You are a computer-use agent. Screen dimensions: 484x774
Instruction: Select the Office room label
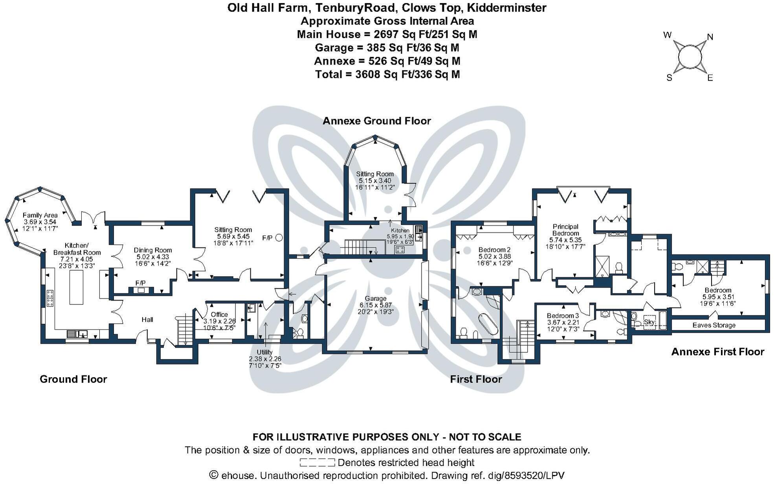(219, 315)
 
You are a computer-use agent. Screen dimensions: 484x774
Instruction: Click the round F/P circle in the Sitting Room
(279, 238)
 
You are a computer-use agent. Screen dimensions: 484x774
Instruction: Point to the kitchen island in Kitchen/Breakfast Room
(77, 287)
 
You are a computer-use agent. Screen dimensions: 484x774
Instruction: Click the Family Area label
(40, 215)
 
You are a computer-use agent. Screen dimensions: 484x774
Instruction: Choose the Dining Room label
(153, 250)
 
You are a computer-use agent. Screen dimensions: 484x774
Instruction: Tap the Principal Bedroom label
(565, 230)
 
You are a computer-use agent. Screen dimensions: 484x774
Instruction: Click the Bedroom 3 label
(563, 316)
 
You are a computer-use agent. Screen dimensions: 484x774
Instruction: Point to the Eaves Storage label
(713, 325)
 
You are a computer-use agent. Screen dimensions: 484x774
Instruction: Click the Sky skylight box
(649, 322)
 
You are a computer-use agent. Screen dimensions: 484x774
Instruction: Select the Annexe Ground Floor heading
(376, 121)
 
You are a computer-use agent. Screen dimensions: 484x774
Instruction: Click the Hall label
(147, 320)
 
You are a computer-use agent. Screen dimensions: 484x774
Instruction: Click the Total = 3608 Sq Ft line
(387, 74)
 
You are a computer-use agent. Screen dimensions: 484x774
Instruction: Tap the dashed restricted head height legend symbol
(317, 462)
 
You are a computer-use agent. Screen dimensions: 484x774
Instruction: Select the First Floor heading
(476, 379)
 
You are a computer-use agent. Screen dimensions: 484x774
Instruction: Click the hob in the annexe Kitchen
(400, 250)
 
